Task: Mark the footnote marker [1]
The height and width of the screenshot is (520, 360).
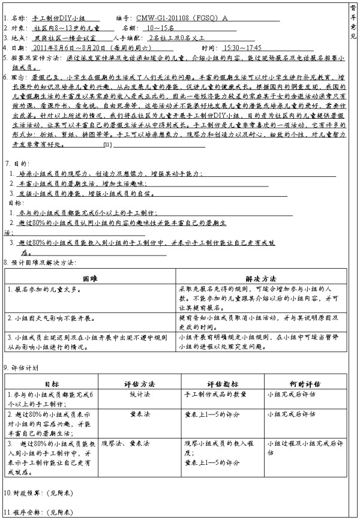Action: (x=107, y=146)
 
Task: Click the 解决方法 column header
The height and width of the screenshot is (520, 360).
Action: (x=261, y=279)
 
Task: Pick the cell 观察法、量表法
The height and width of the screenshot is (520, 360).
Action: (x=125, y=443)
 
